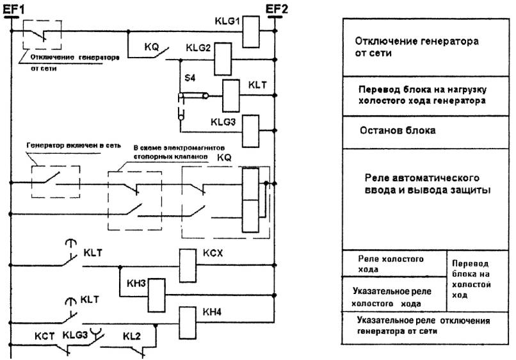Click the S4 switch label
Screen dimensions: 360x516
pos(189,77)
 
